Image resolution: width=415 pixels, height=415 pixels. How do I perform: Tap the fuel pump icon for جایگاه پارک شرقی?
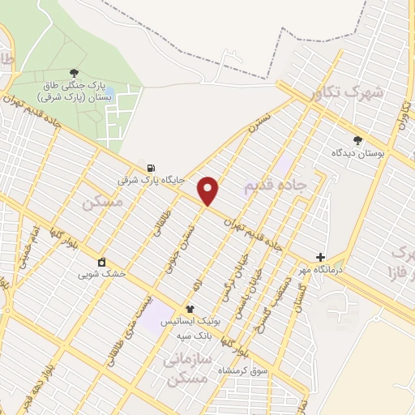pyautogui.click(x=151, y=168)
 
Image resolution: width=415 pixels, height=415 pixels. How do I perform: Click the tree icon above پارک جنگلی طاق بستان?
pyautogui.click(x=75, y=74)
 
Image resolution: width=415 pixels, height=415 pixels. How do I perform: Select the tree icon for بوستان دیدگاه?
pyautogui.click(x=357, y=140)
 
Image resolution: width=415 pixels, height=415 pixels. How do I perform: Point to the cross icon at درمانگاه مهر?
pyautogui.click(x=320, y=257)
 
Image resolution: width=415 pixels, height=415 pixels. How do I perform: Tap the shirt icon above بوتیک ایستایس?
pyautogui.click(x=190, y=308)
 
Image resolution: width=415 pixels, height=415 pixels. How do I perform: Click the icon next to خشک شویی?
pyautogui.click(x=101, y=262)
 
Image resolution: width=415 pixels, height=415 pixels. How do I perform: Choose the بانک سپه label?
pyautogui.click(x=197, y=334)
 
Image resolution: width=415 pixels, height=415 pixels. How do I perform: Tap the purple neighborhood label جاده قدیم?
pyautogui.click(x=275, y=186)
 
